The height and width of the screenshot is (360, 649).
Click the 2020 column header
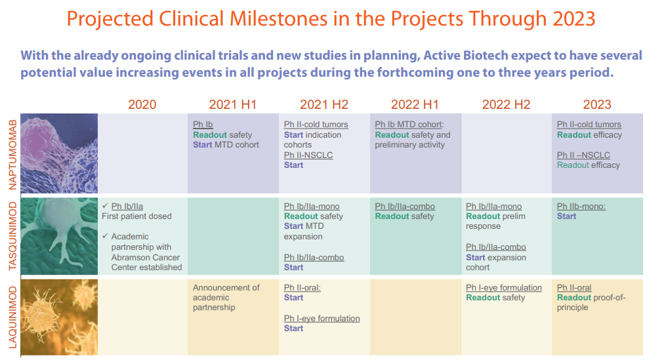[x=142, y=104]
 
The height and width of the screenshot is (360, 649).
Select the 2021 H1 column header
[x=233, y=104]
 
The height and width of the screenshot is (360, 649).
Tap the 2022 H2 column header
[x=506, y=104]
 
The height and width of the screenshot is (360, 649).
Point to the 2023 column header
[x=597, y=104]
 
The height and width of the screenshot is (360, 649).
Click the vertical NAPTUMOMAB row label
[x=11, y=153]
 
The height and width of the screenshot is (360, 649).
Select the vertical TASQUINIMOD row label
[x=11, y=237]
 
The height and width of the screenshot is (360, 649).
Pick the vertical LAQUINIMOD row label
[x=11, y=317]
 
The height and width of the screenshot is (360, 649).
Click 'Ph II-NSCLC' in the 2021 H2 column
[x=308, y=155]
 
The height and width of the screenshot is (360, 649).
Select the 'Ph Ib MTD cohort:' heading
[x=409, y=125]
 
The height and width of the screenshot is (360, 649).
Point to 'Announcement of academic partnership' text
[x=226, y=297]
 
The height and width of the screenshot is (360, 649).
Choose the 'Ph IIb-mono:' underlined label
[x=581, y=206]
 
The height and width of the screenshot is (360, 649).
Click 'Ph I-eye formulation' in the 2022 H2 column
[x=504, y=287]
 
